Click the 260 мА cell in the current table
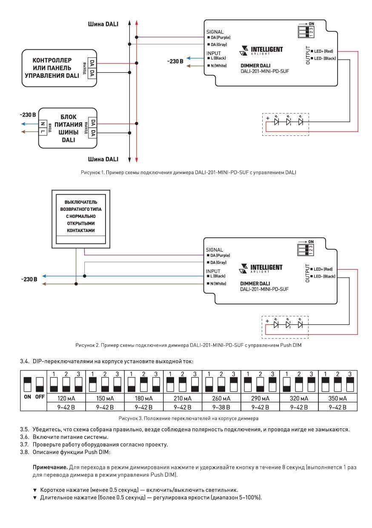pyautogui.click(x=221, y=399)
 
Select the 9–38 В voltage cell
pyautogui.click(x=221, y=407)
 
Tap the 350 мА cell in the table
pyautogui.click(x=338, y=399)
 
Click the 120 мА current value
pyautogui.click(x=66, y=399)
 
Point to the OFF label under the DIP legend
pyautogui.click(x=40, y=397)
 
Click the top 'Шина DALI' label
pyautogui.click(x=103, y=24)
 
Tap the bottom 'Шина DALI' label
pyautogui.click(x=103, y=159)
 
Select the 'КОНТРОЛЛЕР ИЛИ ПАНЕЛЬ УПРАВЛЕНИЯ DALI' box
pyautogui.click(x=59, y=68)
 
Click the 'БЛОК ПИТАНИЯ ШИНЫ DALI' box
pyautogui.click(x=68, y=128)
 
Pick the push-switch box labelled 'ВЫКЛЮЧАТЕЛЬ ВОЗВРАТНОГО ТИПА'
pyautogui.click(x=81, y=219)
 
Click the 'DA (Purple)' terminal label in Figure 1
pyautogui.click(x=219, y=37)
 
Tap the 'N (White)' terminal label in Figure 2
pyautogui.click(x=217, y=284)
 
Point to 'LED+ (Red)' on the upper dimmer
pyautogui.click(x=322, y=51)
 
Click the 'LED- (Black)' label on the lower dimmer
pyautogui.click(x=323, y=276)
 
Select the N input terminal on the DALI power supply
pyautogui.click(x=43, y=124)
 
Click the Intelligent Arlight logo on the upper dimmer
pyautogui.click(x=261, y=50)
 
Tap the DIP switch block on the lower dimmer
pyautogui.click(x=306, y=250)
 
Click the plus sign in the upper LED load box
pyautogui.click(x=268, y=118)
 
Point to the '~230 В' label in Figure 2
pyautogui.click(x=29, y=279)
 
